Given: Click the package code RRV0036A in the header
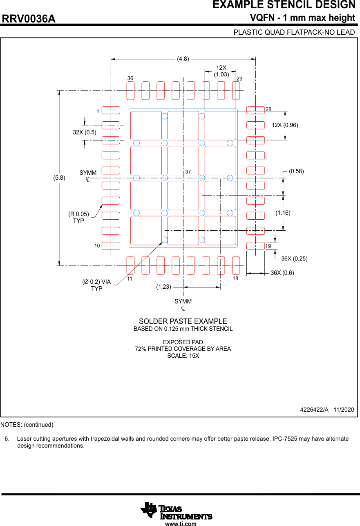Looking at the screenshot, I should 29,19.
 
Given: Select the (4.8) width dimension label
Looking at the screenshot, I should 183,59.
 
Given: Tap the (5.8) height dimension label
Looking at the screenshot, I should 60,178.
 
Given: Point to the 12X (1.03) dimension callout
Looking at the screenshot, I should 221,71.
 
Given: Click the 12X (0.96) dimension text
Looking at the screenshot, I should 285,125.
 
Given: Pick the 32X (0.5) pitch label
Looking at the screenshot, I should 85,132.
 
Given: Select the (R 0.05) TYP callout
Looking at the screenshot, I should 78,217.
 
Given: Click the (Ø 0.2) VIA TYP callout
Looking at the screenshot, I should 96,285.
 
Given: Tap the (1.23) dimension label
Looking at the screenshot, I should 163,287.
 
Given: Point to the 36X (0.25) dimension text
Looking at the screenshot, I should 294,259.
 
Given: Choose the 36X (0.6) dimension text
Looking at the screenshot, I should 282,273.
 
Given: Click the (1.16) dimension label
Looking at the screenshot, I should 283,213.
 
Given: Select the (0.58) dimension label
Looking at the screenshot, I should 296,171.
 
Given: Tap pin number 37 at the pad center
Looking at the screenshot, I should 188,172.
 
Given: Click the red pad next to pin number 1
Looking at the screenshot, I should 111,110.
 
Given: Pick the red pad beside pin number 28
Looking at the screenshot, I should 256,110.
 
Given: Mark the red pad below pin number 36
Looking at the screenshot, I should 130,90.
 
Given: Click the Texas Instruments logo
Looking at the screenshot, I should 177,511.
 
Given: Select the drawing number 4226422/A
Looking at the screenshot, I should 314,409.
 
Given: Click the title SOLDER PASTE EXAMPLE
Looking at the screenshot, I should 183,321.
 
